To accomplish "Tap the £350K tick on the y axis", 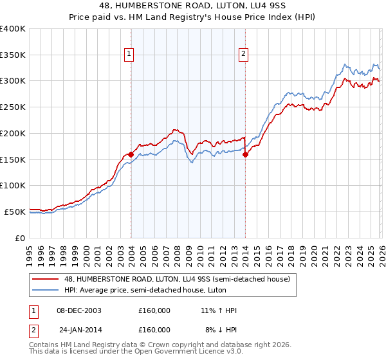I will click(x=13, y=55).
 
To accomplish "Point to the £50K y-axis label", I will click(x=15, y=212).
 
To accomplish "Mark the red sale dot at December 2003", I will click(x=131, y=154).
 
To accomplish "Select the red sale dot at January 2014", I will click(x=245, y=154).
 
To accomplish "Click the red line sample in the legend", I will click(x=46, y=279).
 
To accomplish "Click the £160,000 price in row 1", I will click(x=154, y=310).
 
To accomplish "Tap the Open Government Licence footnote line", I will click(x=136, y=352).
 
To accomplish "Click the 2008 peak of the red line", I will click(x=176, y=129).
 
